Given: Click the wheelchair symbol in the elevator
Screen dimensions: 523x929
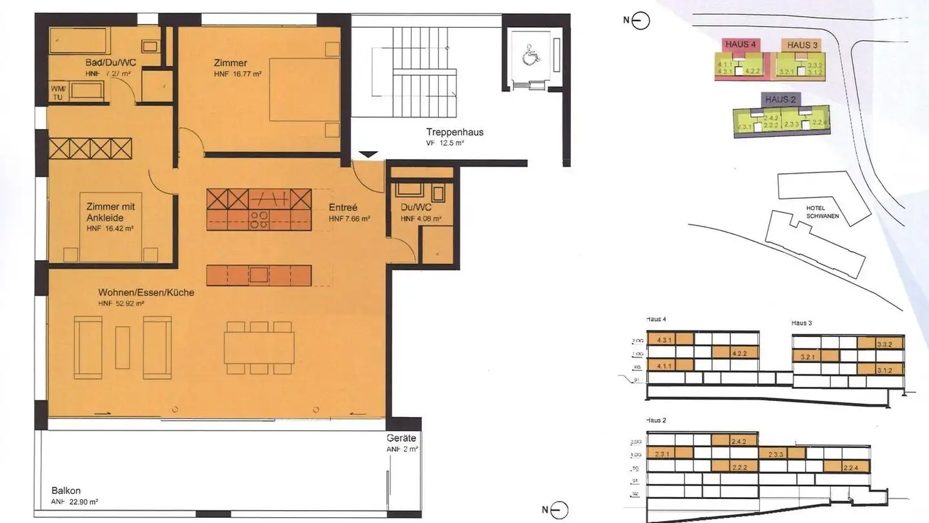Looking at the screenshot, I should (529, 57).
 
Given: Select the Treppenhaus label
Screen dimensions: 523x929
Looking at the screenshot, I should (455, 132).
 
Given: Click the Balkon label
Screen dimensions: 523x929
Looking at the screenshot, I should (66, 490).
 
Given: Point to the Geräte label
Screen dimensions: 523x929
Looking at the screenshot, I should (401, 438).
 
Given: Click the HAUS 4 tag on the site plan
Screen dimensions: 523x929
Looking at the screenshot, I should (740, 45).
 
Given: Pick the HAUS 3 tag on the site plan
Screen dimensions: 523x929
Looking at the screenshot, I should (803, 45).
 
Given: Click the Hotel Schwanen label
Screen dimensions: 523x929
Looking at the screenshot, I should (823, 212).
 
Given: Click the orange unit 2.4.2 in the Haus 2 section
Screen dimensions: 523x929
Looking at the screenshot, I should (739, 442).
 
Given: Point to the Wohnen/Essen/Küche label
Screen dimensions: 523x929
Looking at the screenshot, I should (146, 292).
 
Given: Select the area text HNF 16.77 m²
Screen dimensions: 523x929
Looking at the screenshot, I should (238, 75).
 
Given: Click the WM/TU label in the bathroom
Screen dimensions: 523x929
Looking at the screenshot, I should (58, 91).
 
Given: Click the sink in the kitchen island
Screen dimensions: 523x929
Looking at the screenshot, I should (259, 274).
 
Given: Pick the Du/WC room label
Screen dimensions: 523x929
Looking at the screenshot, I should (416, 208).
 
